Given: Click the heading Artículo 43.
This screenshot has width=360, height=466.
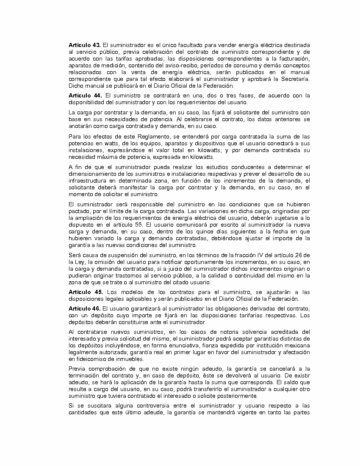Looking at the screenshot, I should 84,45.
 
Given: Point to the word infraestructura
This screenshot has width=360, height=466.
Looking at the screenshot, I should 90,181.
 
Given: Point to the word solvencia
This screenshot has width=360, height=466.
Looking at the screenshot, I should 244,332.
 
